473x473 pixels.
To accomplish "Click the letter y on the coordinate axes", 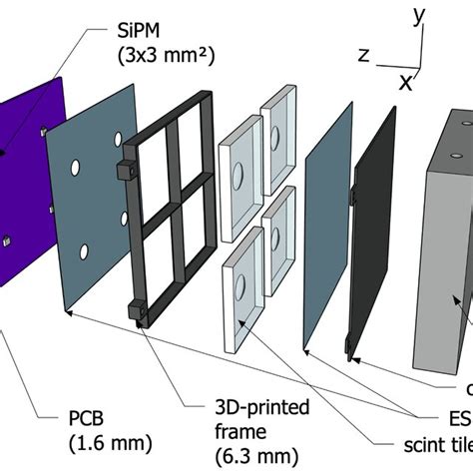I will (420, 14).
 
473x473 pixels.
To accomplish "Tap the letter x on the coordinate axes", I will (407, 84).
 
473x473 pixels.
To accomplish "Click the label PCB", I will (87, 413).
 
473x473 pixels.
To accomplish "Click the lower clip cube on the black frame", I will (137, 310).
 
